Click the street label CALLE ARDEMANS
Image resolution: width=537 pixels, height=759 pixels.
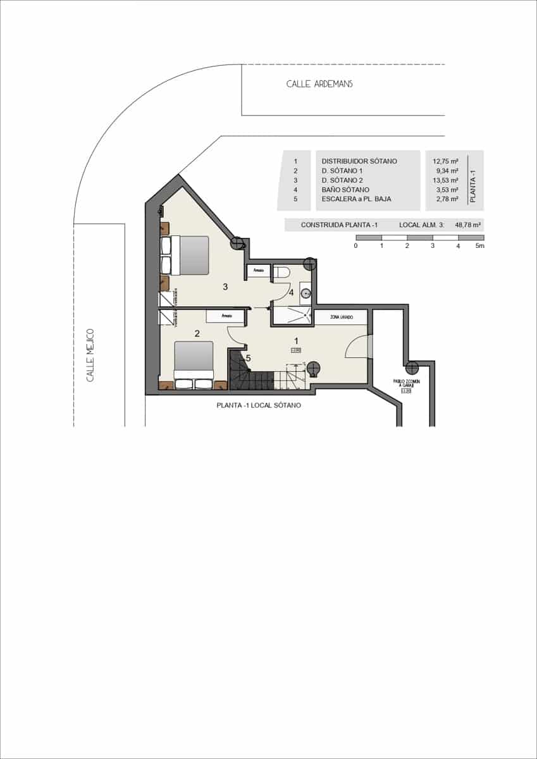click(x=319, y=83)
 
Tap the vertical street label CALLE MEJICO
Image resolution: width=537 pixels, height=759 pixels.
click(x=90, y=355)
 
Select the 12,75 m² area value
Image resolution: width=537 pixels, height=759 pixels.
click(x=445, y=161)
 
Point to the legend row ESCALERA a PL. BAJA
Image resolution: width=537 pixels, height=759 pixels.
click(x=356, y=199)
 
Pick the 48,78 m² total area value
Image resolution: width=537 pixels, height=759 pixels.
click(x=469, y=225)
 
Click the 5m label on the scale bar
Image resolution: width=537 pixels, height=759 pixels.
click(x=479, y=245)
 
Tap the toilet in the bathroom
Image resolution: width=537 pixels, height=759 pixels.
click(x=282, y=272)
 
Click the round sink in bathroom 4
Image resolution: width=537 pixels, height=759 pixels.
click(x=306, y=293)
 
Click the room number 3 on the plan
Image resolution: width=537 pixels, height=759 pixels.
click(x=225, y=287)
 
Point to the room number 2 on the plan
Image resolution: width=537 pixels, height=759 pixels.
click(x=197, y=334)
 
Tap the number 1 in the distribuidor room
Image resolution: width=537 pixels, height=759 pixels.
click(x=296, y=342)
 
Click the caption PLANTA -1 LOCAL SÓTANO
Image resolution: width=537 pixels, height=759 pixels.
click(x=258, y=405)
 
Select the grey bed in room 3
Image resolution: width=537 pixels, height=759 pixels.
click(x=190, y=255)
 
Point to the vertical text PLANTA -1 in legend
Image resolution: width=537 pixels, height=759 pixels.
click(x=474, y=180)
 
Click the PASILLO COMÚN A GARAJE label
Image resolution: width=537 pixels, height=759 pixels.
click(x=407, y=384)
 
